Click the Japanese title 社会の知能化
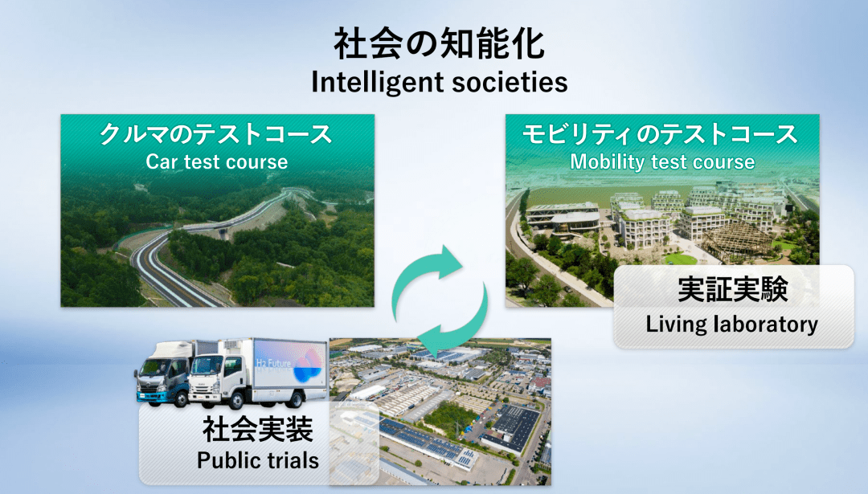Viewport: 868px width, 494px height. (440, 45)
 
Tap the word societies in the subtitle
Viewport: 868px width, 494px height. (510, 82)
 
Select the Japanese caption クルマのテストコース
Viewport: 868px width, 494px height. (216, 134)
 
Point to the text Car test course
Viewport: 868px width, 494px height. (216, 161)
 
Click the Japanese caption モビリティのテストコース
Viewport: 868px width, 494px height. (660, 134)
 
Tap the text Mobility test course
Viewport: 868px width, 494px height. (662, 161)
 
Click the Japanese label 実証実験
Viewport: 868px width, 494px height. (733, 288)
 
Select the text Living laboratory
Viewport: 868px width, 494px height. (732, 324)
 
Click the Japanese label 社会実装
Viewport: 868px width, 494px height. (258, 429)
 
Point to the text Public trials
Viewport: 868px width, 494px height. (258, 460)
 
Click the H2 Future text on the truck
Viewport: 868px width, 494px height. (272, 363)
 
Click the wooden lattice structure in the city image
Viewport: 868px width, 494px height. (736, 241)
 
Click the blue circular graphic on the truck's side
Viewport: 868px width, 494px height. (307, 366)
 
